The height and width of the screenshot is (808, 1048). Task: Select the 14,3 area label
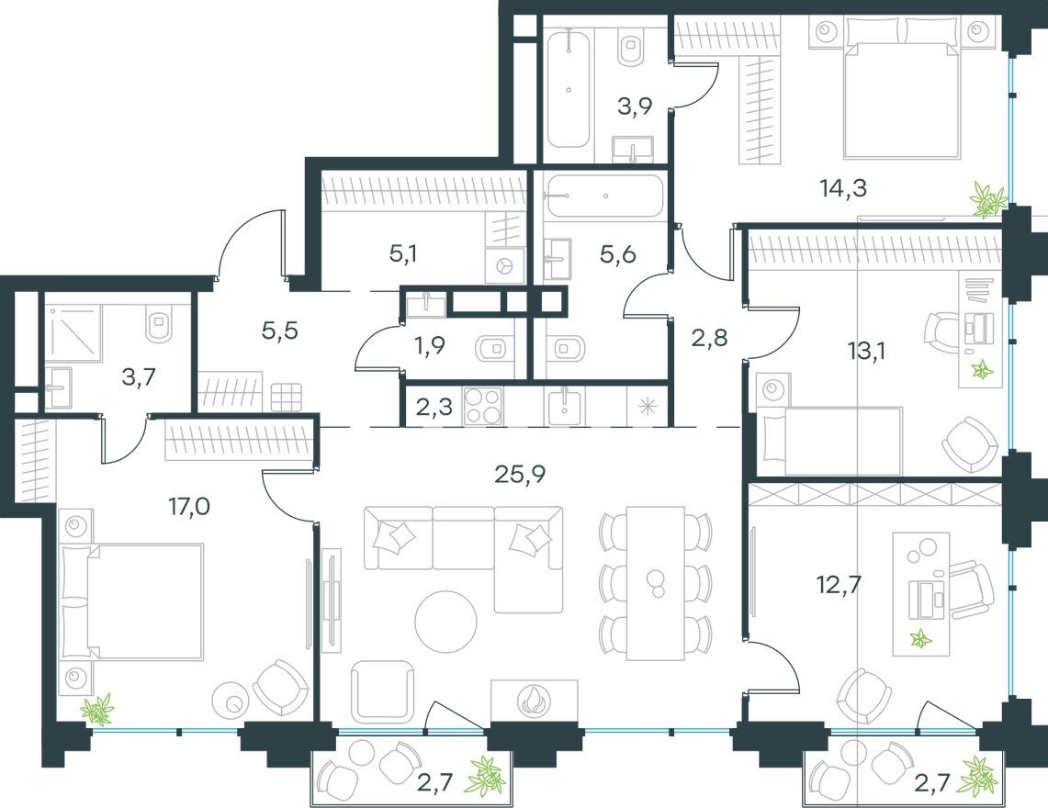(842, 189)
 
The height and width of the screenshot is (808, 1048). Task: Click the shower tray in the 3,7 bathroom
(73, 329)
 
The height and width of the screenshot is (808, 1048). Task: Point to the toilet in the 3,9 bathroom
(631, 47)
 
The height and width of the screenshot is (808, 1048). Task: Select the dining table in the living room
(655, 582)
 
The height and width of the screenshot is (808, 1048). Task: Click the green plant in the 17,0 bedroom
(96, 708)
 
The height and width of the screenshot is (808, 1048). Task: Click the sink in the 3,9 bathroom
(632, 150)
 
